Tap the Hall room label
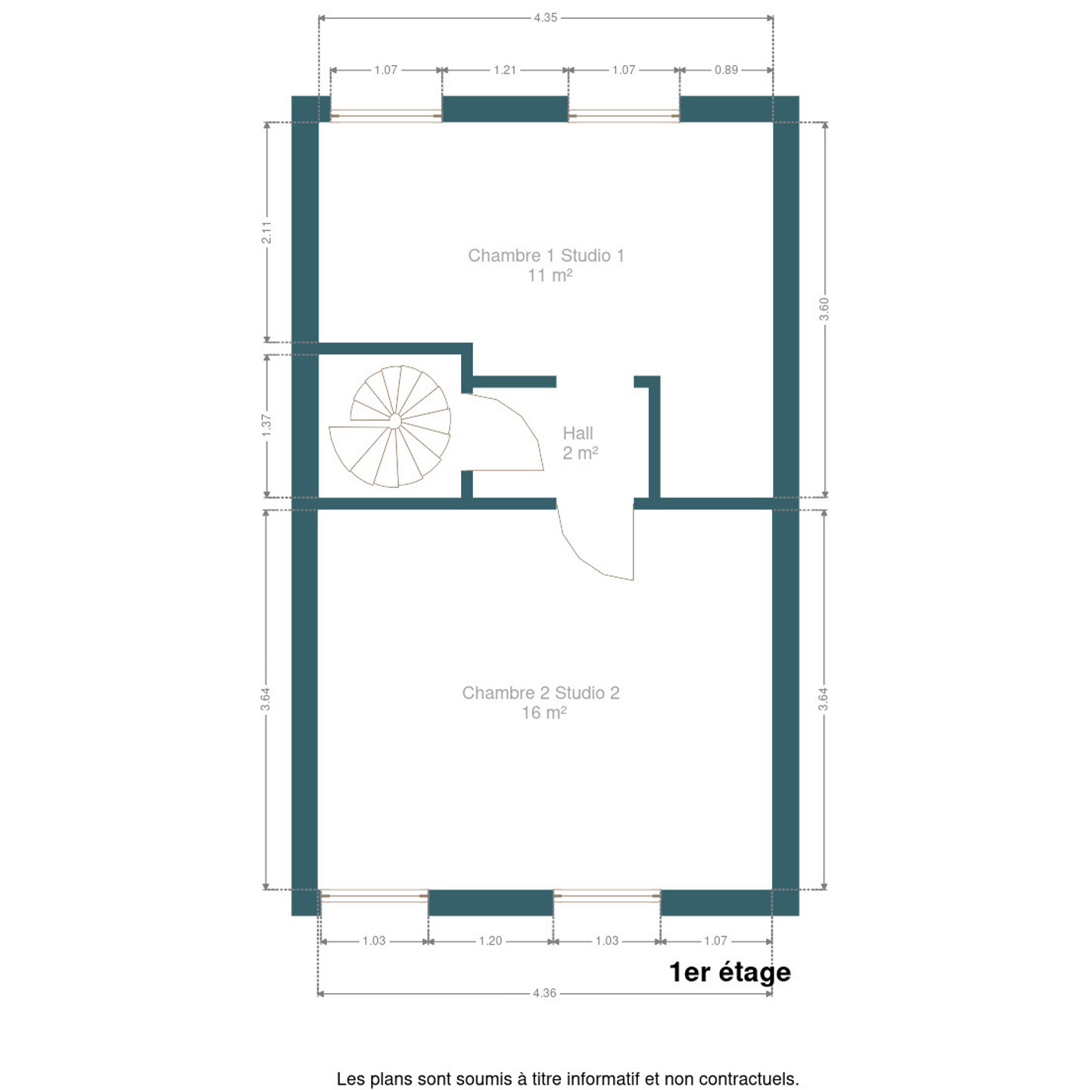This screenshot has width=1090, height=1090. [578, 433]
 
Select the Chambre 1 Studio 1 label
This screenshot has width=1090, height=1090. [546, 256]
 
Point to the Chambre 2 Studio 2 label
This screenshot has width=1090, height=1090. [540, 693]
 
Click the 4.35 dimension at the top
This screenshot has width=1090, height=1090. [546, 18]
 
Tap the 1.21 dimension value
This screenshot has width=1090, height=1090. [505, 70]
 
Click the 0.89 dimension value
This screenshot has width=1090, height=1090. [727, 70]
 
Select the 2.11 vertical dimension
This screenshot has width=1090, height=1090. [266, 232]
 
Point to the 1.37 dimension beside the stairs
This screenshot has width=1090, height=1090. [266, 425]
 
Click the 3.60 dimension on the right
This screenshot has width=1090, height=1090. [824, 309]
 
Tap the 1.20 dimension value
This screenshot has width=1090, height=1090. [490, 941]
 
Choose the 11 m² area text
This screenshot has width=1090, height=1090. [550, 276]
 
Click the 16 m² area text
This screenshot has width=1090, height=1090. [543, 713]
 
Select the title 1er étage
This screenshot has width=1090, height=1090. [730, 973]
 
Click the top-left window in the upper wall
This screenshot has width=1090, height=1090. [386, 116]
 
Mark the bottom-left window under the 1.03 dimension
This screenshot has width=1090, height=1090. [374, 896]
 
